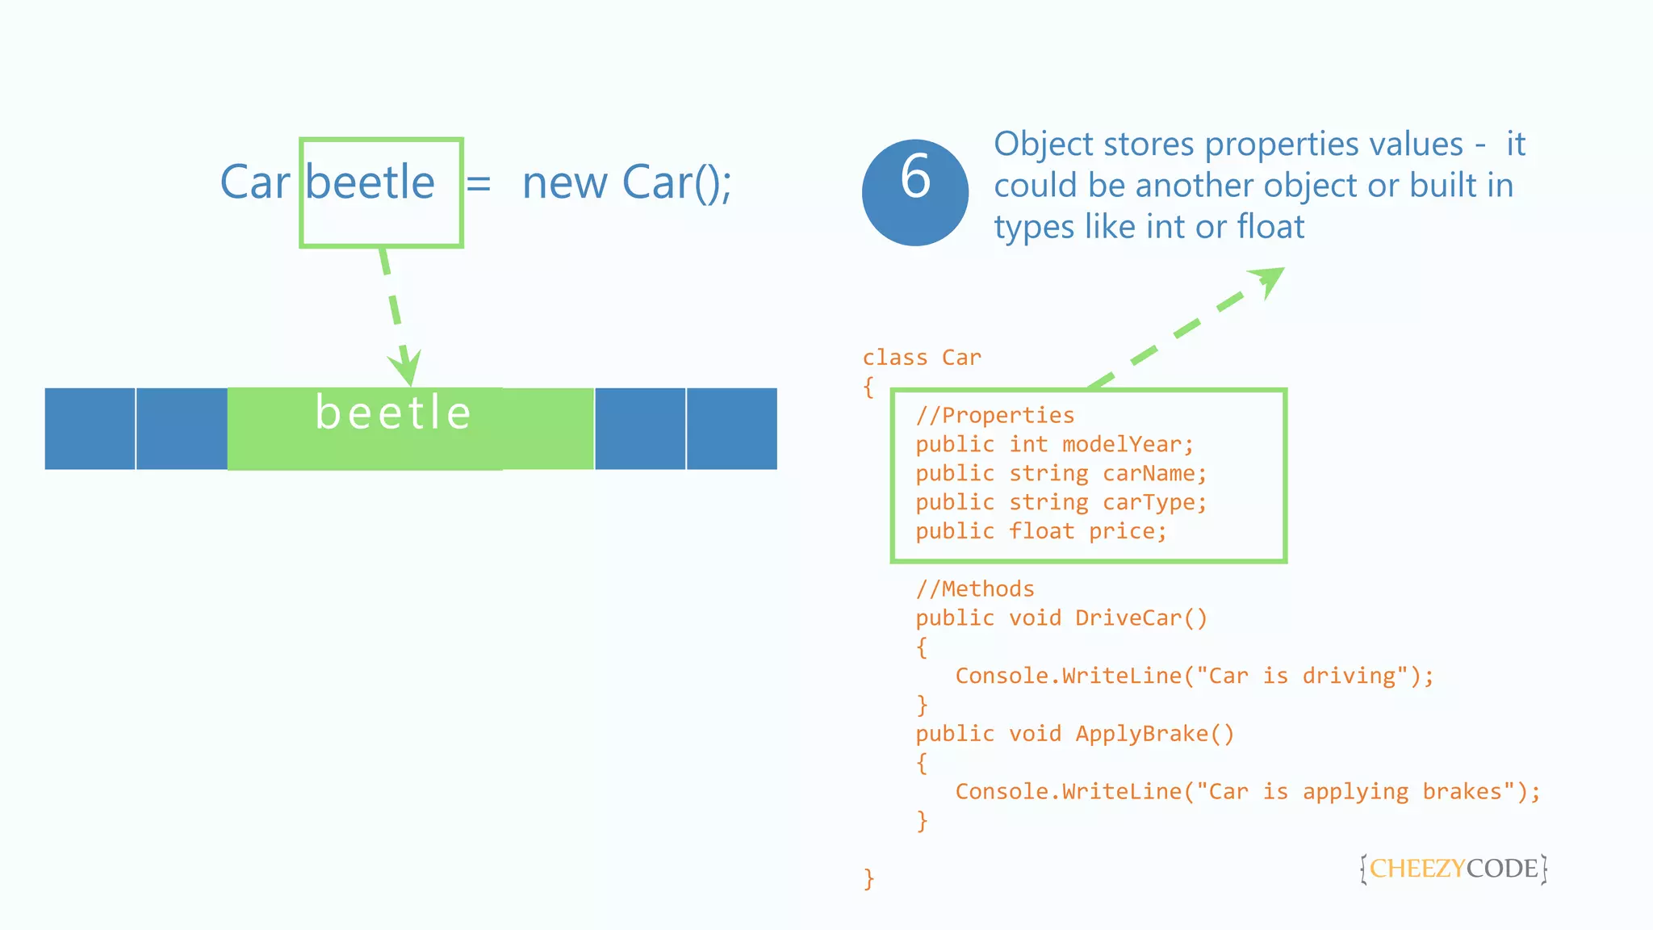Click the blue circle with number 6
(914, 193)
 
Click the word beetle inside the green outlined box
(370, 182)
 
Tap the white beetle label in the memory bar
(393, 413)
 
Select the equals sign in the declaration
(479, 184)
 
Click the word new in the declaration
(565, 184)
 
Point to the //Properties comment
(994, 416)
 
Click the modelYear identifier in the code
(1127, 445)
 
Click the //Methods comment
(975, 589)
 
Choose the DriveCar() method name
(1141, 618)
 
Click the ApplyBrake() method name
(1154, 734)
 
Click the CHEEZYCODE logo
(1453, 869)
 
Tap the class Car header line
(922, 358)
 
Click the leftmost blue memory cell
(90, 429)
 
